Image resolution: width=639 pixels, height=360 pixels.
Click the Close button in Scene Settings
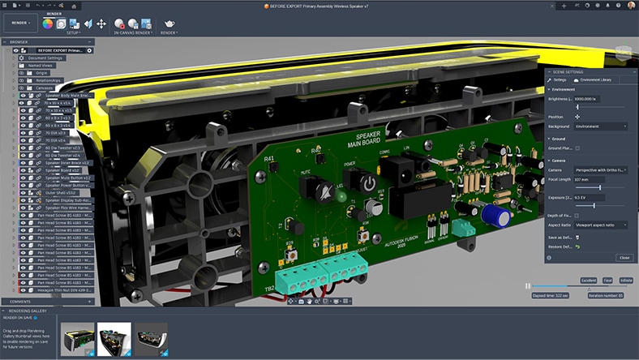(624, 257)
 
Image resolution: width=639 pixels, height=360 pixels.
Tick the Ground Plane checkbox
(578, 148)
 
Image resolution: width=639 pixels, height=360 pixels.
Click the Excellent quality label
(588, 280)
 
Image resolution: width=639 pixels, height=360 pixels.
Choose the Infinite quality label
(625, 280)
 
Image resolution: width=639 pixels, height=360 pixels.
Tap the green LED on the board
(341, 196)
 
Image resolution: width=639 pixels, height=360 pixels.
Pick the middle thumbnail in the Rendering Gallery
(114, 338)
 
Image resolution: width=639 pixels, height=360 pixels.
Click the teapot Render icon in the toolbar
(169, 24)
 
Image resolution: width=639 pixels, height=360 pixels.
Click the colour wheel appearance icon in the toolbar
(48, 24)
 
